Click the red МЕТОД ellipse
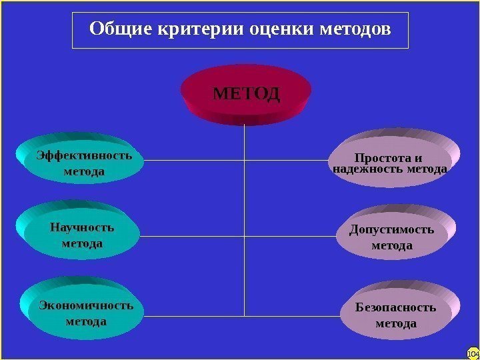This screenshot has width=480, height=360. pyautogui.click(x=246, y=94)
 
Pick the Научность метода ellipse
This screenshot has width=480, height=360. pyautogui.click(x=81, y=235)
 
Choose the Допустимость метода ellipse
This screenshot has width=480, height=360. pyautogui.click(x=391, y=238)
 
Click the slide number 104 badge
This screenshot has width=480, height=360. pyautogui.click(x=473, y=353)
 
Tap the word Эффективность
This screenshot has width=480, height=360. pyautogui.click(x=84, y=156)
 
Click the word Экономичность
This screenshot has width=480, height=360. pyautogui.click(x=86, y=306)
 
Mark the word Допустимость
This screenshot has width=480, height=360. pyautogui.click(x=391, y=230)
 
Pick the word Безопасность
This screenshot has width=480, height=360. pyautogui.click(x=396, y=307)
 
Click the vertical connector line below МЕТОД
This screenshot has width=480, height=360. pyautogui.click(x=245, y=200)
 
